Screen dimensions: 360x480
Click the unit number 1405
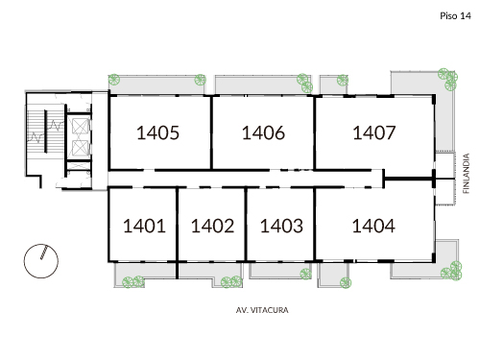tap(158, 133)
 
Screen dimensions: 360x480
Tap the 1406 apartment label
tap(263, 133)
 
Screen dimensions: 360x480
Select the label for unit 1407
tap(374, 133)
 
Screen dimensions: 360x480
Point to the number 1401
tap(145, 227)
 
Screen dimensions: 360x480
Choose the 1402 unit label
tap(212, 227)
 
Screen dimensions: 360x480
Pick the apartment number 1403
tap(281, 227)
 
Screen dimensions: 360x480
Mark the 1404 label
tap(374, 227)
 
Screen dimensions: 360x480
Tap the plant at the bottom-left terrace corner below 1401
tap(130, 283)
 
